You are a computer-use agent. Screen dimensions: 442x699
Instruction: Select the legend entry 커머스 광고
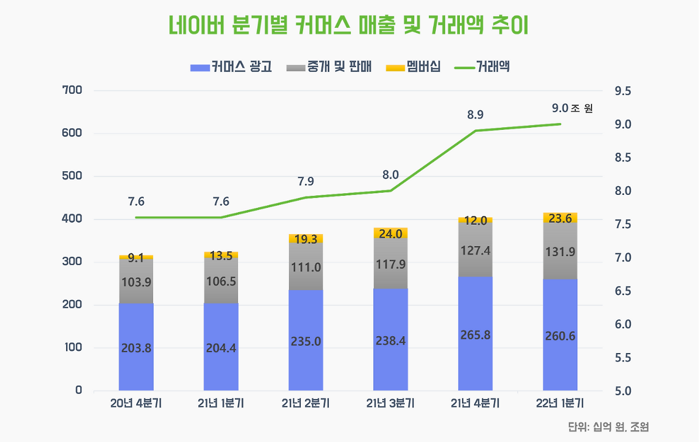[230, 67]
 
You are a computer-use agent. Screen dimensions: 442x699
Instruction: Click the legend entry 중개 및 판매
[328, 67]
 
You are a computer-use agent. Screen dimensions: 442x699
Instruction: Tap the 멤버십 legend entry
[413, 67]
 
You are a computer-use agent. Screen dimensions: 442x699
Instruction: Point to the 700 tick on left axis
[72, 90]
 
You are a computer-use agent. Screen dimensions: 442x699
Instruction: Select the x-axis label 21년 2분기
[306, 404]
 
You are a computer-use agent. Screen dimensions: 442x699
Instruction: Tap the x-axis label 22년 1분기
[560, 404]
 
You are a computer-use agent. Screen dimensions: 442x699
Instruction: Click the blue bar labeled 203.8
[136, 347]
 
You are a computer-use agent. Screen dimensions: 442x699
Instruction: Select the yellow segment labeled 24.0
[390, 233]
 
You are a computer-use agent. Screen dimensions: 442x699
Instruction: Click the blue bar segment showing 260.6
[560, 335]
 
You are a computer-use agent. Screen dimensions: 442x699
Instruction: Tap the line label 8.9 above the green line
[475, 115]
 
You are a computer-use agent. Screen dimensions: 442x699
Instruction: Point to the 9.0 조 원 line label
[572, 109]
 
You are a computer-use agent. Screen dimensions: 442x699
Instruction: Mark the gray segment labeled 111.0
[306, 267]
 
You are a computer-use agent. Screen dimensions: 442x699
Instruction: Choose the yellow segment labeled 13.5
[221, 255]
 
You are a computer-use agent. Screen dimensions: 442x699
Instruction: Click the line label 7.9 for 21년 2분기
[306, 182]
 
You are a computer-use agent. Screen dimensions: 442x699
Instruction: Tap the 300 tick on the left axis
[72, 262]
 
